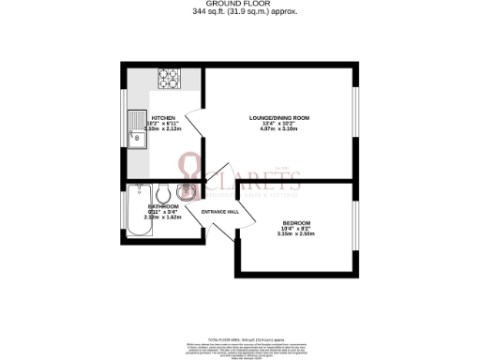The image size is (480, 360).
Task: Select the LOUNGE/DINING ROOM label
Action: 279,118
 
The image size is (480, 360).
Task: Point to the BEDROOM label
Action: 296,222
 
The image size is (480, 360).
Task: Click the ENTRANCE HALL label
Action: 220,211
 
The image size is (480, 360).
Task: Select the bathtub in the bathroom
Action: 137,211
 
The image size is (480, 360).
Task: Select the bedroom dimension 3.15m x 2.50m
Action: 296,234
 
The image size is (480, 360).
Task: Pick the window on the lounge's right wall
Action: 355,116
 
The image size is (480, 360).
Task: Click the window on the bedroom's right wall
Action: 355,226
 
